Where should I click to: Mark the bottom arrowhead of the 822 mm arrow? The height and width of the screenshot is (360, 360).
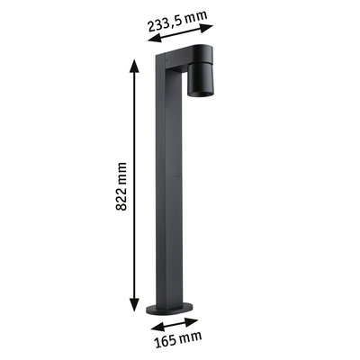pos(134,308)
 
